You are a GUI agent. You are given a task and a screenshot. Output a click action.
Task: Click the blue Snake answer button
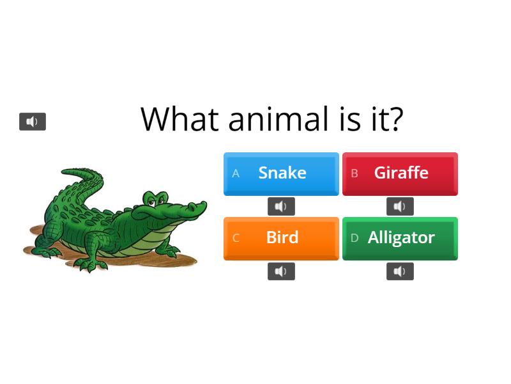coord(281,173)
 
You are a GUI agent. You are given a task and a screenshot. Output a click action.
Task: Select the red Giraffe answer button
coord(400,173)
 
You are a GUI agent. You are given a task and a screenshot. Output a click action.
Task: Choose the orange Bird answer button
coord(281,237)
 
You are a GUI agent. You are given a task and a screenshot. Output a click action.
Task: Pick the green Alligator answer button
coord(400,237)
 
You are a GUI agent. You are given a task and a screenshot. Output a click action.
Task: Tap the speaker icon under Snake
coord(281,206)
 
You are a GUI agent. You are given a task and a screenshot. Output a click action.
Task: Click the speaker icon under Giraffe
coord(400,206)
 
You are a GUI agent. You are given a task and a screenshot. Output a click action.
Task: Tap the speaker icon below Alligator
coord(400,271)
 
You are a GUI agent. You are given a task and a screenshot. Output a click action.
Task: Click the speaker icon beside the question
coord(33,122)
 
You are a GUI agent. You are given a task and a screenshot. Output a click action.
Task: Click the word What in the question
coord(180,119)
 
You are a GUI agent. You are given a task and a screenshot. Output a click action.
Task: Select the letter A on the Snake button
coord(236,173)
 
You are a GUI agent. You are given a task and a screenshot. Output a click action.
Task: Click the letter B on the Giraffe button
coord(355,173)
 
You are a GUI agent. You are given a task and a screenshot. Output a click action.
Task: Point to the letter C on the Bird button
coord(236,238)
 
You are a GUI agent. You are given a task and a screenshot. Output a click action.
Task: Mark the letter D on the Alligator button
coord(355,238)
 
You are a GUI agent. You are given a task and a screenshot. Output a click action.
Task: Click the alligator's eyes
coord(153,199)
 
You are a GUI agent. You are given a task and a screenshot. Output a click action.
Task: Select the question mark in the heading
coord(396,119)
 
